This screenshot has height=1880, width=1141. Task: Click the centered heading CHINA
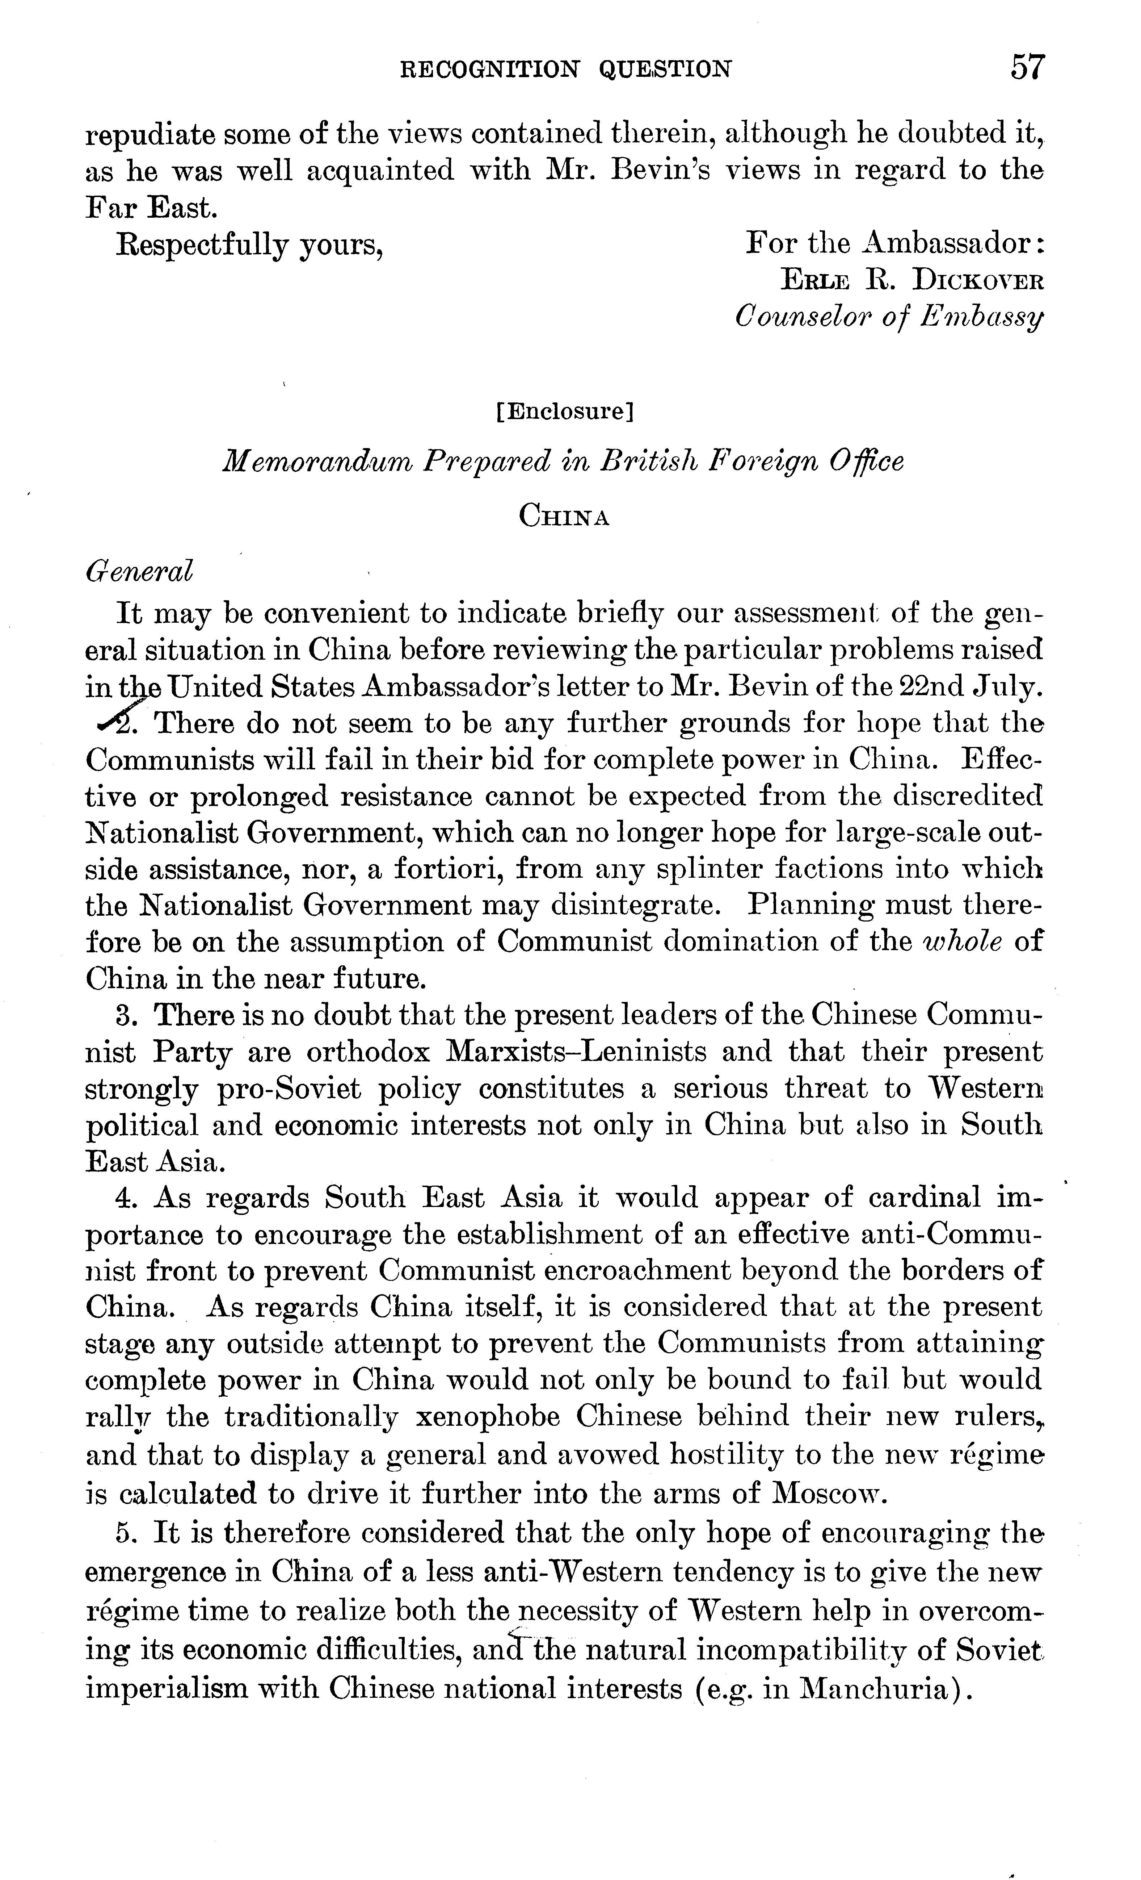tap(564, 517)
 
